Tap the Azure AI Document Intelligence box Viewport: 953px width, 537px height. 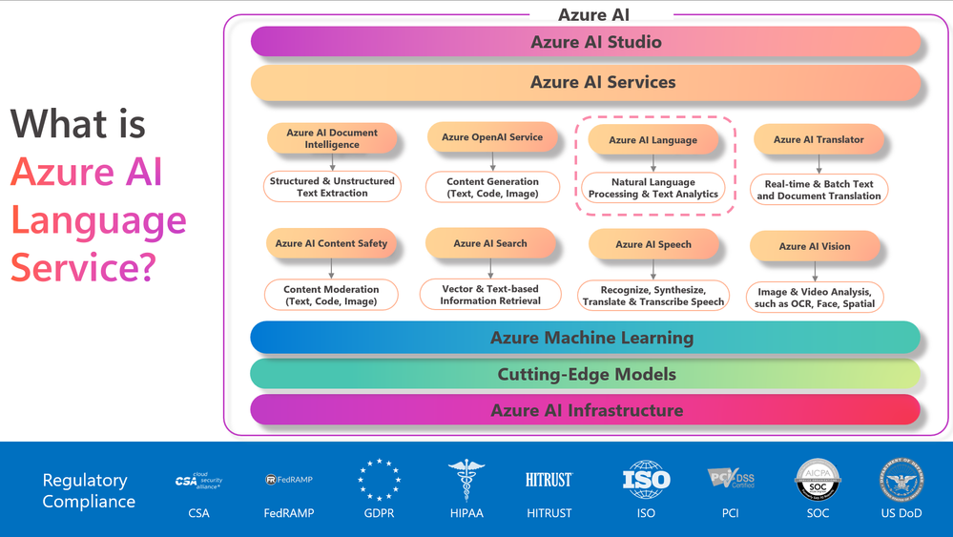coord(332,138)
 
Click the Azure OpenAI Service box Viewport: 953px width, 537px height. coord(492,137)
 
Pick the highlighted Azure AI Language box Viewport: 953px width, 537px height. coord(653,140)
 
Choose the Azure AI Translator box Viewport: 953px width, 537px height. coord(818,139)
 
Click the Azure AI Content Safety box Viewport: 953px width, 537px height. coord(331,243)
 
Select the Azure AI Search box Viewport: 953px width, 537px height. coord(491,243)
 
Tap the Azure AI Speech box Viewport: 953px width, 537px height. coord(653,244)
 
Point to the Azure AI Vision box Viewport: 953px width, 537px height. coord(814,246)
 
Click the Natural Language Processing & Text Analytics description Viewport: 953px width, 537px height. coord(653,188)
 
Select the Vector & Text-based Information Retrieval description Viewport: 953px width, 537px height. coord(490,295)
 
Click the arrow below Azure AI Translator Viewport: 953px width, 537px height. coord(818,164)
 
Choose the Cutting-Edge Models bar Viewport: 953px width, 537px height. coord(585,374)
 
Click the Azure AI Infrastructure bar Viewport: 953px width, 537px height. coord(585,410)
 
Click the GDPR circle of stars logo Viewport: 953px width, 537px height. coord(379,480)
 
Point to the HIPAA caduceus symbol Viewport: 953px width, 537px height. coord(466,480)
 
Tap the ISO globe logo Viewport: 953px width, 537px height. coord(646,480)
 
